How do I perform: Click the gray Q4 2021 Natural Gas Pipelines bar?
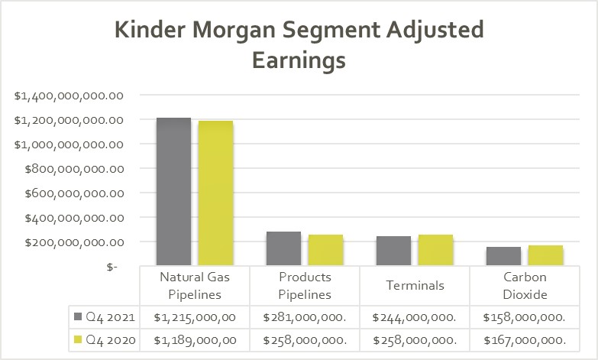[x=173, y=191]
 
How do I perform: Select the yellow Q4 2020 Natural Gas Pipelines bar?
[x=215, y=193]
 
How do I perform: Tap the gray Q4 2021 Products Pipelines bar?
[x=283, y=248]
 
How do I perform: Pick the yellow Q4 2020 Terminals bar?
[x=435, y=250]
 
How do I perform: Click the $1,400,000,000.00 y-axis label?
[x=69, y=96]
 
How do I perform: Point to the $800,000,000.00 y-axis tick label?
[x=69, y=169]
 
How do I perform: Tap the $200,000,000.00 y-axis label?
[x=69, y=242]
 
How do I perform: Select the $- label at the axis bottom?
[x=112, y=267]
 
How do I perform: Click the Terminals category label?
[x=415, y=286]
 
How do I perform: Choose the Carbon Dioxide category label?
[x=525, y=286]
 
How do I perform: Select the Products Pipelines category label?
[x=305, y=286]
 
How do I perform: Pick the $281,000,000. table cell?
[x=305, y=316]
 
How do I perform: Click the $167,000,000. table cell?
[x=525, y=339]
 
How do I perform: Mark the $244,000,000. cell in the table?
[x=415, y=316]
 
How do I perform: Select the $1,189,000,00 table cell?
[x=195, y=339]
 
